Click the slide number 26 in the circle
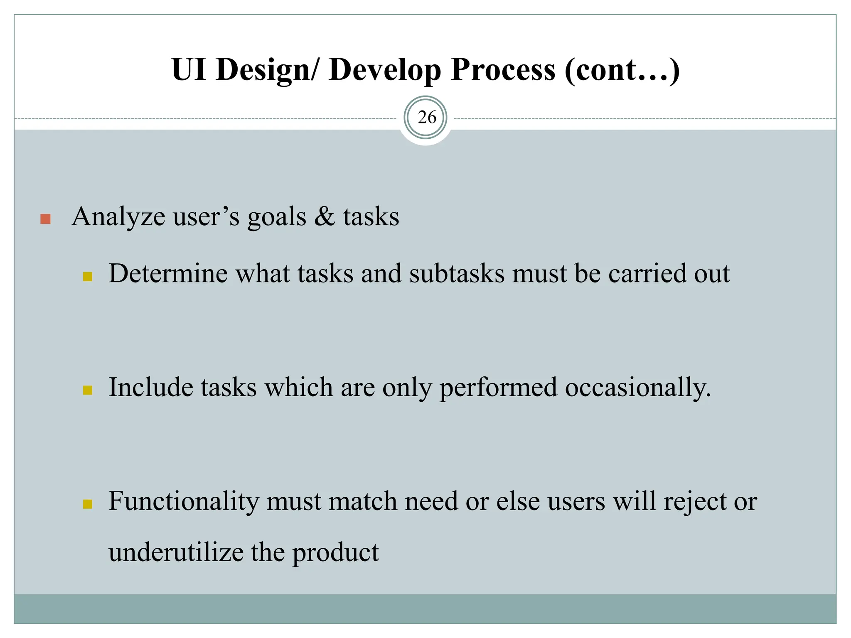point(427,118)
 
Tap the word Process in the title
point(502,69)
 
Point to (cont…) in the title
point(622,69)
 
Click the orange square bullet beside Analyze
point(46,219)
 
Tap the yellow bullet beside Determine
point(87,277)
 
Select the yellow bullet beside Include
point(87,390)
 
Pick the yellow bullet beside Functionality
point(87,504)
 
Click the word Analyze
point(118,217)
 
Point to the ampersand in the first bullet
point(325,217)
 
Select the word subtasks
point(456,274)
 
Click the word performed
point(498,388)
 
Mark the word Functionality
point(184,501)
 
